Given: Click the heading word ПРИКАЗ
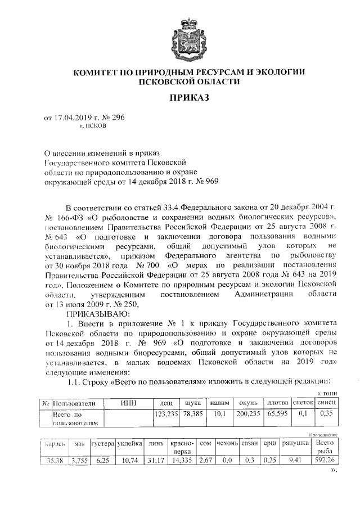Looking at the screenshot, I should point(188,98).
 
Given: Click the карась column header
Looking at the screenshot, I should point(56,444).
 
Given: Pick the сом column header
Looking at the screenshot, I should point(205,444).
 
